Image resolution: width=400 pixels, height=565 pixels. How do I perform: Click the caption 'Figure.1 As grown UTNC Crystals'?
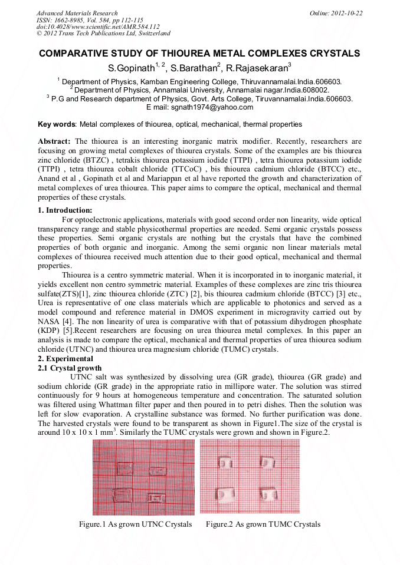[x=136, y=524]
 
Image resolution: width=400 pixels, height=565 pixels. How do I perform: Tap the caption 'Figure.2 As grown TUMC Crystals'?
[x=263, y=524]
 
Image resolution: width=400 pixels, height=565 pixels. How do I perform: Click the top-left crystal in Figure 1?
[x=124, y=468]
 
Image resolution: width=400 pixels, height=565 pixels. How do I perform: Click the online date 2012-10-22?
[x=346, y=13]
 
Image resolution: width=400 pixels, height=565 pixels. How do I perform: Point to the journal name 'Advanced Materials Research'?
[x=77, y=13]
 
